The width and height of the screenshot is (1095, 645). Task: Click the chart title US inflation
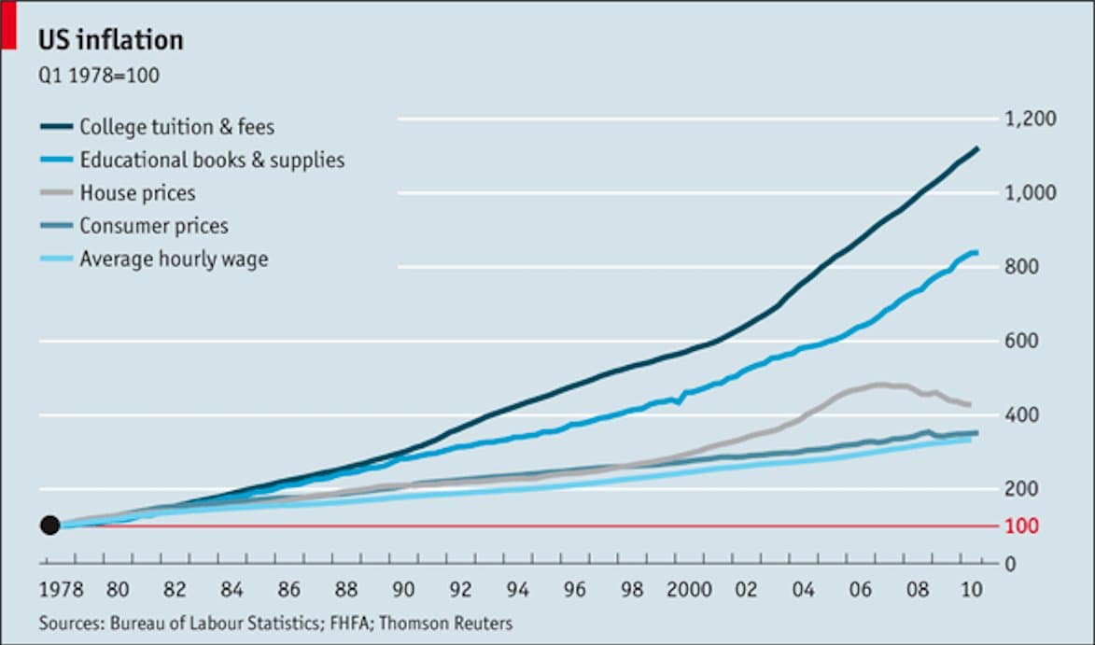point(110,40)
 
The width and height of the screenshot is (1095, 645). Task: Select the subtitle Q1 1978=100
point(98,76)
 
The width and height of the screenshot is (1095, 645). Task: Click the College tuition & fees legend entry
point(176,126)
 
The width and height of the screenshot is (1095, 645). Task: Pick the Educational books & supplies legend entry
point(212,160)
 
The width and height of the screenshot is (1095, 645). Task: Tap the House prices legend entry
point(137,193)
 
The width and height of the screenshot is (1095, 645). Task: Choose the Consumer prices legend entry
point(153,226)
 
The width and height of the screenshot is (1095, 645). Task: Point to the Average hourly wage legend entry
point(174,259)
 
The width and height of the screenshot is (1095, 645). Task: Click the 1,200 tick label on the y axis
point(1030,119)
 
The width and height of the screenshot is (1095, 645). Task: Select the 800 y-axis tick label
point(1022,268)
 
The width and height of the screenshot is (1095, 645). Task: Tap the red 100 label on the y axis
point(1022,526)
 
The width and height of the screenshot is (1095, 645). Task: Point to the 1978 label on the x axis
point(61,590)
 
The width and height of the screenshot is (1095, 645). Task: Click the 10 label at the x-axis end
point(971,590)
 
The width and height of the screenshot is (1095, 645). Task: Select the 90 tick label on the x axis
point(403,590)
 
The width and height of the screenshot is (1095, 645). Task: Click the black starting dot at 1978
point(50,526)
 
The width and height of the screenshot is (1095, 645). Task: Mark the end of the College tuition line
point(976,148)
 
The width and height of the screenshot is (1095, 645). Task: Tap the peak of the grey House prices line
point(878,384)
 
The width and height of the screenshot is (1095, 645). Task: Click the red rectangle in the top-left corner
point(7,24)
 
